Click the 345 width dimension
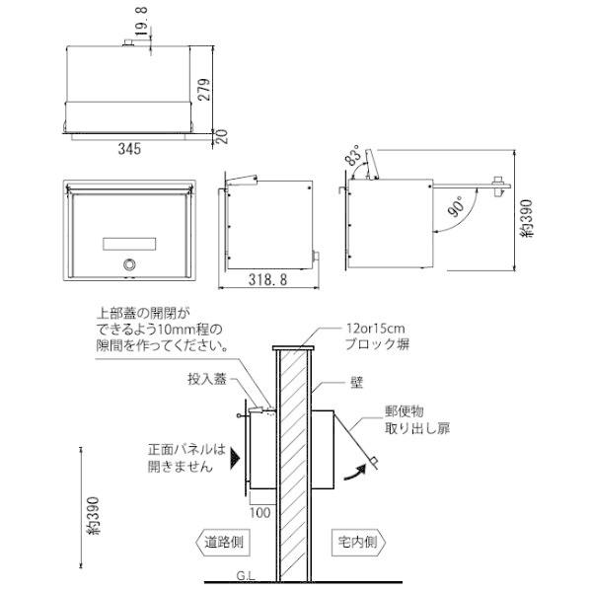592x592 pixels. [x=130, y=149]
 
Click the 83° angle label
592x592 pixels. [x=352, y=159]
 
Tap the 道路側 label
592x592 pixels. [x=223, y=542]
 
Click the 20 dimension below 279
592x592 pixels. [x=222, y=135]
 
